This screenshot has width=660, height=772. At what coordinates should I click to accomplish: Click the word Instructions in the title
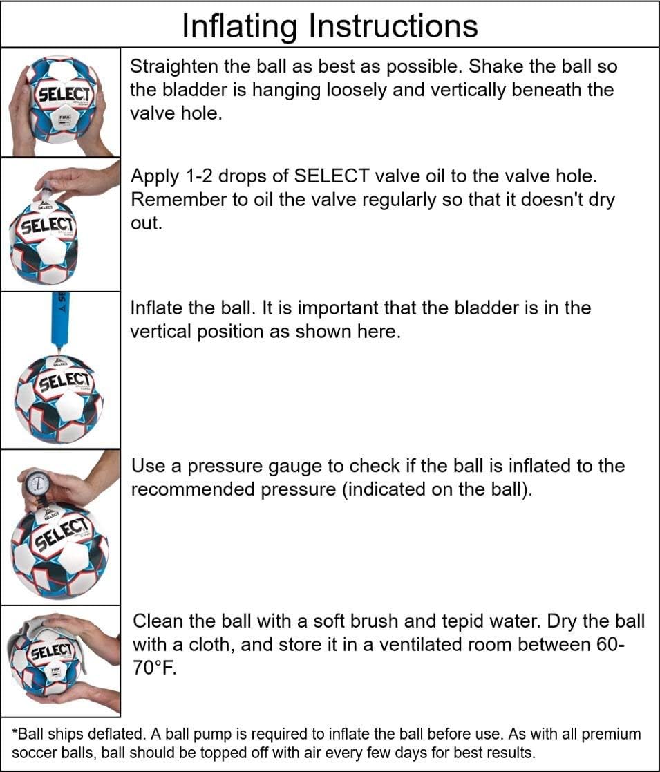click(393, 26)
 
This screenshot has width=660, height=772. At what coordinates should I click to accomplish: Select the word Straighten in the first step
click(173, 67)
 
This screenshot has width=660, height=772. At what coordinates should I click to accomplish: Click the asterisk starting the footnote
click(15, 732)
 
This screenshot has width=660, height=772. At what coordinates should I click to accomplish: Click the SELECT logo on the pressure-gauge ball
click(61, 537)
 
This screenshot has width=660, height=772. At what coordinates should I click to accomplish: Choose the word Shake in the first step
click(500, 67)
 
